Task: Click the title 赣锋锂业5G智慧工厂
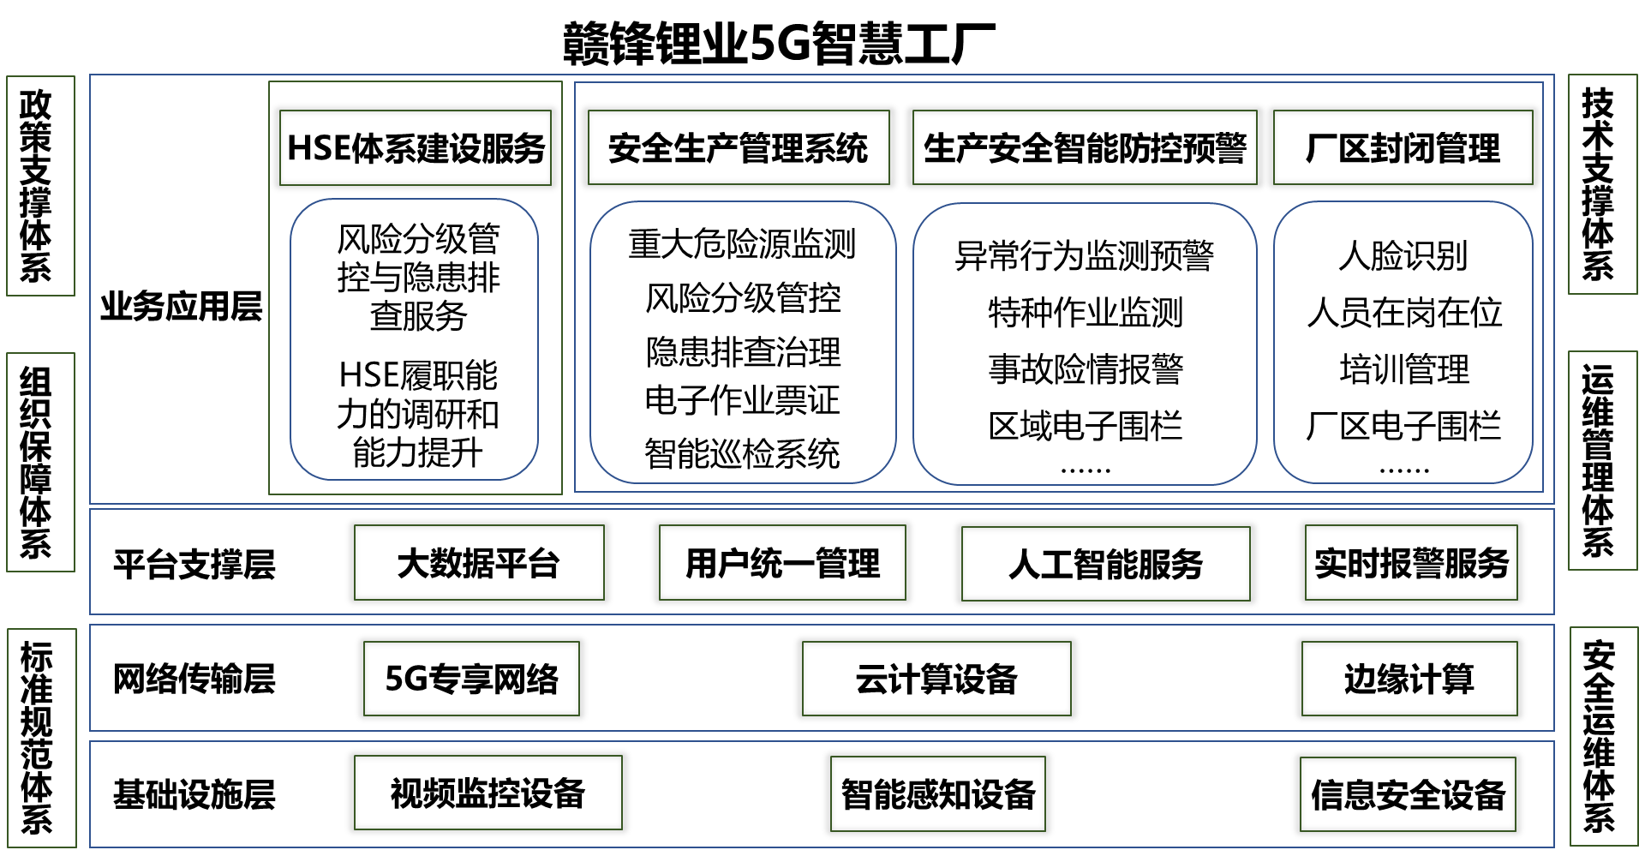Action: [x=778, y=43]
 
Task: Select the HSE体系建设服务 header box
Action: [x=416, y=147]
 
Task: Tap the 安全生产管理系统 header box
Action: [x=739, y=147]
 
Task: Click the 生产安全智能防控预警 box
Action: [x=1085, y=147]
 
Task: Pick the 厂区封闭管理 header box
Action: [x=1403, y=147]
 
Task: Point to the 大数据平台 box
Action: [x=479, y=563]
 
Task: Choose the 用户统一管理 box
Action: [x=782, y=563]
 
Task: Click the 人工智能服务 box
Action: [x=1106, y=564]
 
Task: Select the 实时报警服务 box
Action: [x=1411, y=563]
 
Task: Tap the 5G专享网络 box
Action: [x=471, y=679]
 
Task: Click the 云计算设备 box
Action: [x=936, y=679]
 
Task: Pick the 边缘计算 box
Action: [x=1409, y=679]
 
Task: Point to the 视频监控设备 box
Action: [x=488, y=793]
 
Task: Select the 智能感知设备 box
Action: [x=938, y=793]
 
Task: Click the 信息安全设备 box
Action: [x=1408, y=794]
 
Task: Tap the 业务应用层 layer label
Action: [x=181, y=306]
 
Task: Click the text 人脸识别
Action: [x=1403, y=255]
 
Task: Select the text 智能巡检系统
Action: [x=742, y=453]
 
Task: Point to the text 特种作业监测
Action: [x=1085, y=312]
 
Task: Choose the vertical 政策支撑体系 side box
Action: [x=40, y=186]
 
